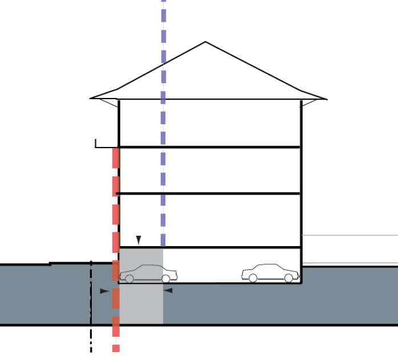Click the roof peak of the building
[205, 43]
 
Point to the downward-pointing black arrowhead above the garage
[138, 240]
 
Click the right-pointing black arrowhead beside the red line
[104, 291]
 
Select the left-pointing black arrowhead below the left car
[168, 291]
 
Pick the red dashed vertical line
[116, 216]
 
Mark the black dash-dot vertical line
[91, 308]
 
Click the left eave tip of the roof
[91, 98]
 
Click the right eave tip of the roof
[326, 99]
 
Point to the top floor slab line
[209, 147]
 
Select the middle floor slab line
[209, 194]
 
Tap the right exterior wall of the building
[301, 171]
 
